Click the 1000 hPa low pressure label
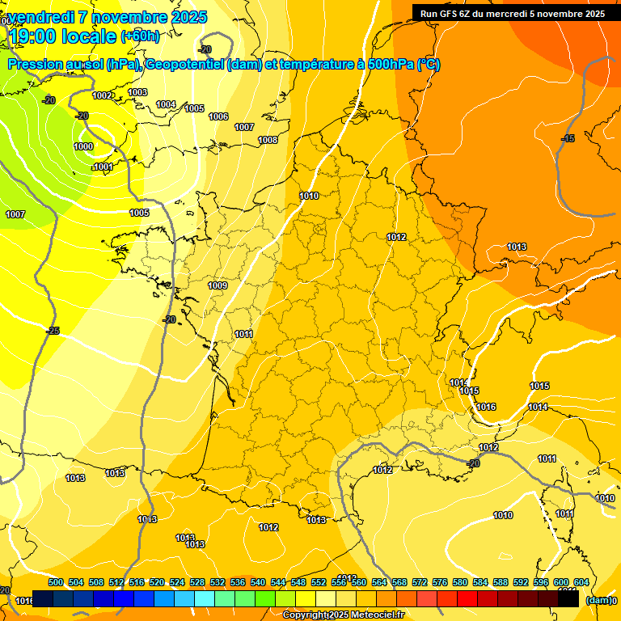coord(82,146)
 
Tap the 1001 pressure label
coord(103,167)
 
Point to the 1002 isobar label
coord(103,95)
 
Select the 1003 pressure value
coord(137,92)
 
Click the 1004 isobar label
coord(166,104)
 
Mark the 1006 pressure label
coord(218,116)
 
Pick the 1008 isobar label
coord(268,140)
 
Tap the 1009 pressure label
coord(218,285)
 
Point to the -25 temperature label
coord(53,331)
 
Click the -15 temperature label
coord(568,139)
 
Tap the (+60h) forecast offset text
coord(140,36)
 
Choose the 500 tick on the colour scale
coord(56,582)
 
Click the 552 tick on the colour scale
coord(319,582)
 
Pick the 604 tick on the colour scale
coord(581,582)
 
